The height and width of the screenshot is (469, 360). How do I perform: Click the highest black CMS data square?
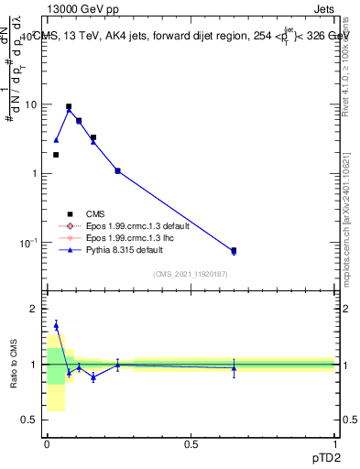pyautogui.click(x=69, y=106)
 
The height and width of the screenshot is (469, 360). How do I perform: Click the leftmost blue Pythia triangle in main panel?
pyautogui.click(x=56, y=140)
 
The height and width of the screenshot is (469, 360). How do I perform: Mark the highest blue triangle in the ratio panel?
pyautogui.click(x=56, y=325)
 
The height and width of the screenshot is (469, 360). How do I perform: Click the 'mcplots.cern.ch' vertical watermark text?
pyautogui.click(x=350, y=229)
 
